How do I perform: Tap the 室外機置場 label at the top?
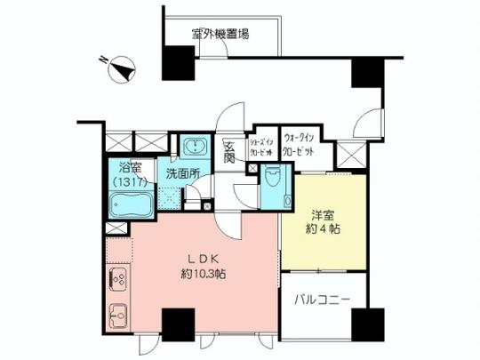220,35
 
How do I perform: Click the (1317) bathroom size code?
129,182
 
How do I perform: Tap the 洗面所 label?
181,174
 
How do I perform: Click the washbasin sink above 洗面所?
194,148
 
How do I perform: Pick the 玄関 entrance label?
228,153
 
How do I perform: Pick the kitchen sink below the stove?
116,314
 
